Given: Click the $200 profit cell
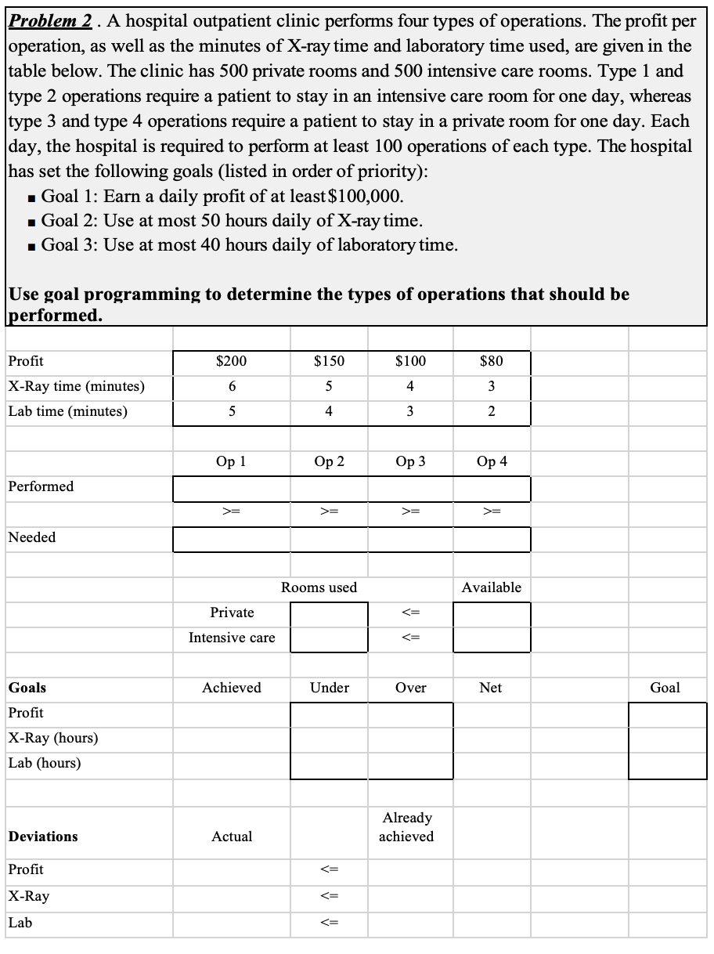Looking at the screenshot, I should [231, 361].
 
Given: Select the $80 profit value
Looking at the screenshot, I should [491, 361].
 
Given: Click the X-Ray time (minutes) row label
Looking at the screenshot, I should [76, 386].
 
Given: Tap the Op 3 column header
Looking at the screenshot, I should [410, 461].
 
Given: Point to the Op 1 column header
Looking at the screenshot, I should [231, 461].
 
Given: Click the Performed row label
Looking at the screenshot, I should [41, 486].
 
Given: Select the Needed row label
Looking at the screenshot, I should [32, 537].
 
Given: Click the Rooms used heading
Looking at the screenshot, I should [319, 587].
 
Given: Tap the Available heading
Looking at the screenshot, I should [491, 587].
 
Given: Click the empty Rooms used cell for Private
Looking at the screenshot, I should [329, 613].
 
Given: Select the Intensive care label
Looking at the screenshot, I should [232, 638].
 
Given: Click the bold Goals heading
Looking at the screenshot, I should [27, 688].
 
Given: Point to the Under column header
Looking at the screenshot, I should [330, 688].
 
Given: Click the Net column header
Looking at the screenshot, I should [491, 688].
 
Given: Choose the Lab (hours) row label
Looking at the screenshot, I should [45, 763].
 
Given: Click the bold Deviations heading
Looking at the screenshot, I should [43, 837].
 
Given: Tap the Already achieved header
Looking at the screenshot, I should [406, 827].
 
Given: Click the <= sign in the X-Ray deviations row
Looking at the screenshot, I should [329, 896].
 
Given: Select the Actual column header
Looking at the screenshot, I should [232, 837].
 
